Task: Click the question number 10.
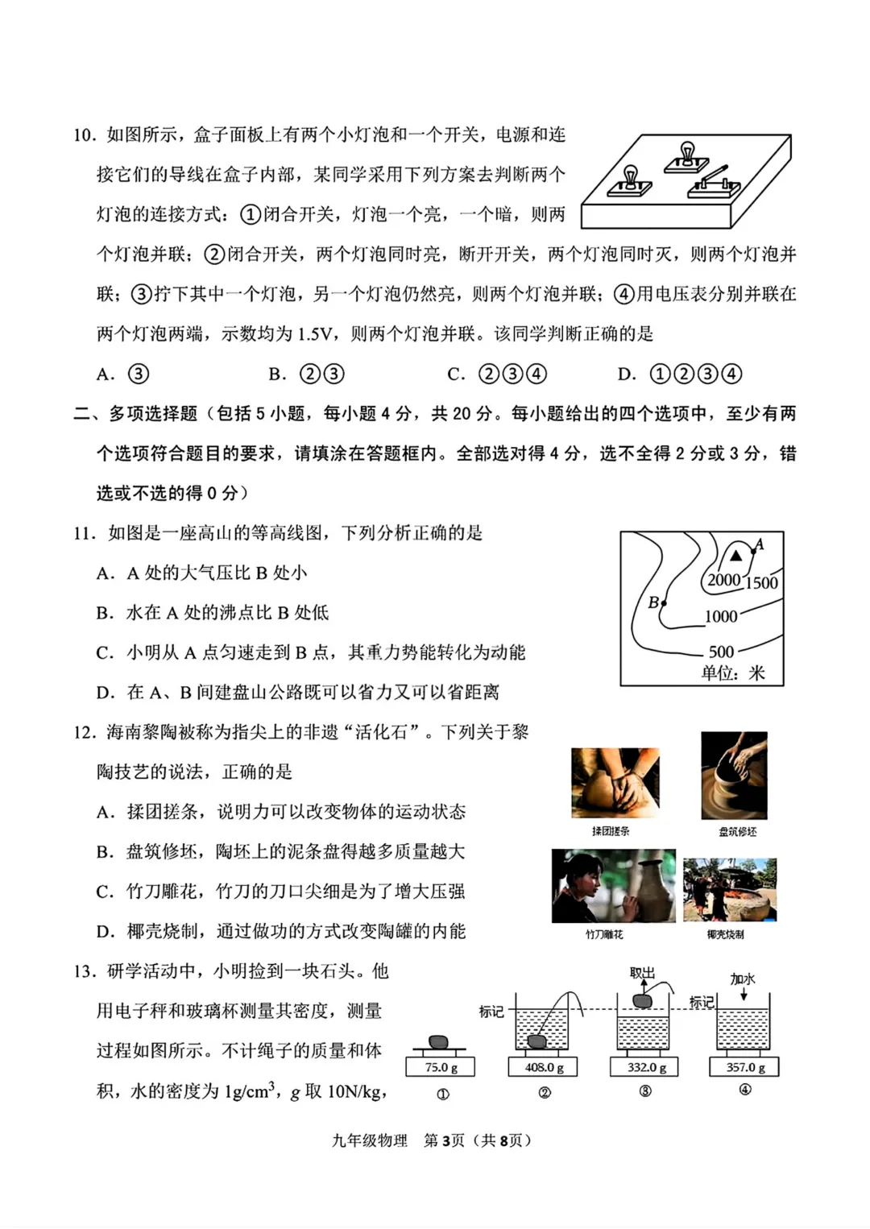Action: coord(84,135)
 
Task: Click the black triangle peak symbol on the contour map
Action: coord(735,556)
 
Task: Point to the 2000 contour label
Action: coord(723,580)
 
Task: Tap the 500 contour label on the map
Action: coord(721,652)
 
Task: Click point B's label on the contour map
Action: coord(653,602)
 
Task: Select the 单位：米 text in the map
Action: coord(732,673)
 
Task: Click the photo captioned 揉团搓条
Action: coord(615,782)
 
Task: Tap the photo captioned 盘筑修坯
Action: coord(734,775)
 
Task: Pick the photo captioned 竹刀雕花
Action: coord(613,885)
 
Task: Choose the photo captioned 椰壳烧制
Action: coord(730,889)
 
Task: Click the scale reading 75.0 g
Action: coord(441,1067)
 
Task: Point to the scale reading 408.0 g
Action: coord(544,1067)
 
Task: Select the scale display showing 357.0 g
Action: coord(744,1067)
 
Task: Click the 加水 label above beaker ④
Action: coord(742,979)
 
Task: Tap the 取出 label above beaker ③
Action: coord(642,973)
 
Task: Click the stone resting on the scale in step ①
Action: coord(439,1042)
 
